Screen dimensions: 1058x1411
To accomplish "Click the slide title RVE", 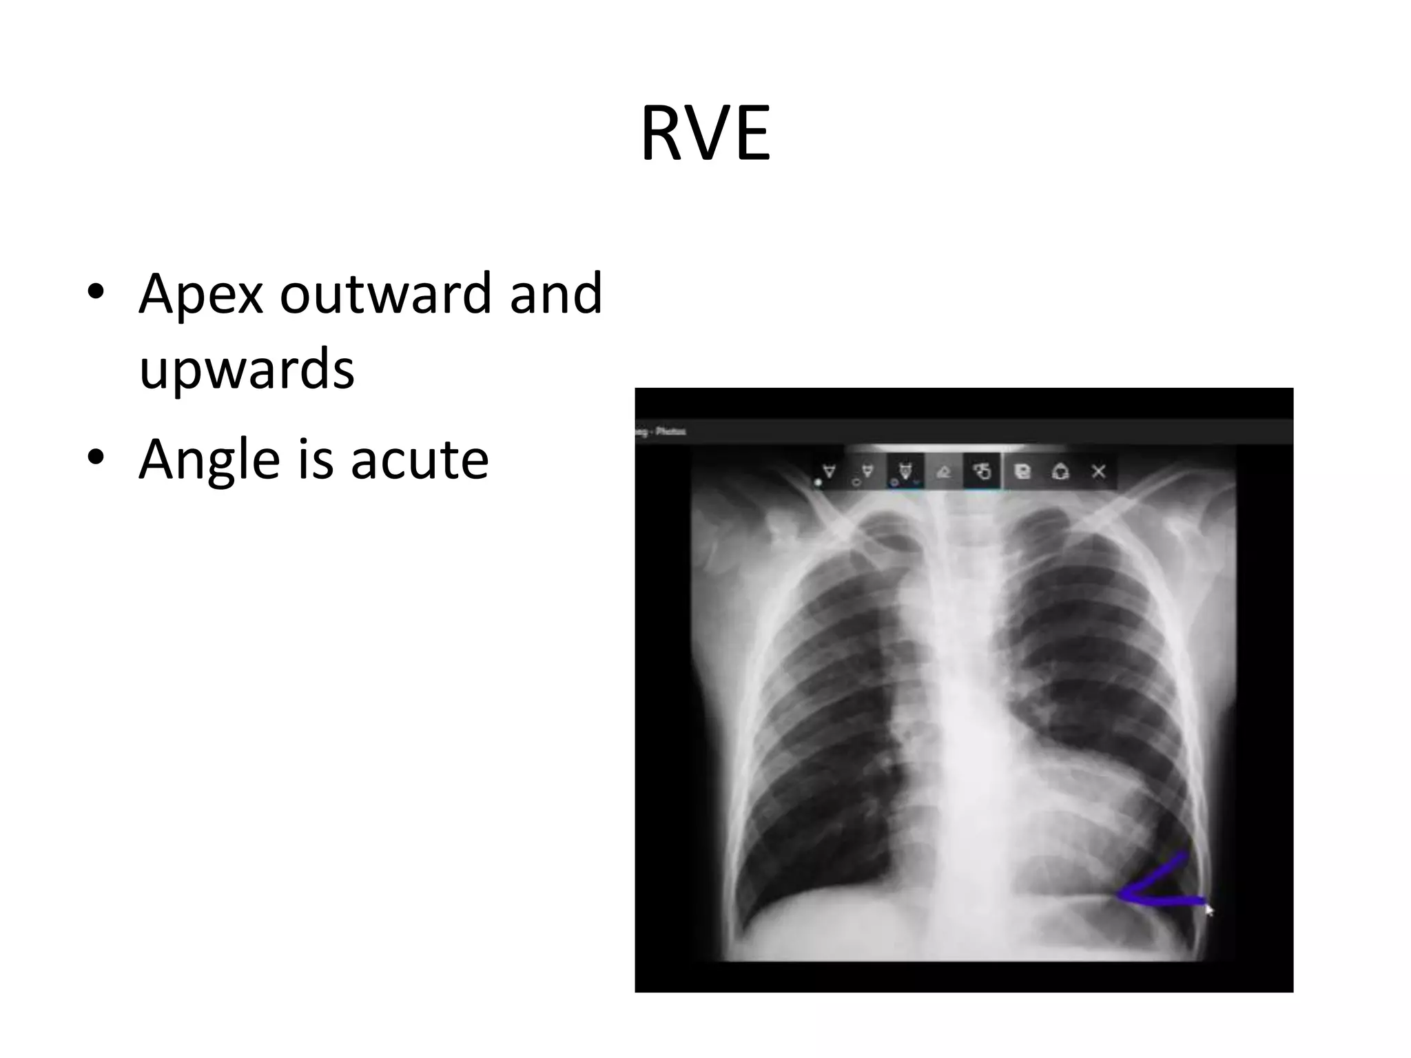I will coord(705,134).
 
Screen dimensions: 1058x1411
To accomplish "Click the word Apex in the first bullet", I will coord(200,294).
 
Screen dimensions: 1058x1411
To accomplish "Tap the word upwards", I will coord(246,370).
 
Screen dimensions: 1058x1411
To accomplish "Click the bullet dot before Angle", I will coord(96,457).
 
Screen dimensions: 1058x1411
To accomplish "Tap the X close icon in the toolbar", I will coord(1099,471).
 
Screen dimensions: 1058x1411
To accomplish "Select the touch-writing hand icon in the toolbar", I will coord(982,472).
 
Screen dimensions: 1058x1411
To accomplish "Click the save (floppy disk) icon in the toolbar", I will coord(1023,472).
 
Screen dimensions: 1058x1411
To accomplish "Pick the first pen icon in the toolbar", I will coord(829,472).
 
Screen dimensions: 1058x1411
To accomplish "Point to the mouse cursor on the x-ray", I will coord(1208,909).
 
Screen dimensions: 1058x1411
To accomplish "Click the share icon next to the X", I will coord(1060,472).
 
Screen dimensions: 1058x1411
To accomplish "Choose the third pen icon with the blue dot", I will coord(905,472).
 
